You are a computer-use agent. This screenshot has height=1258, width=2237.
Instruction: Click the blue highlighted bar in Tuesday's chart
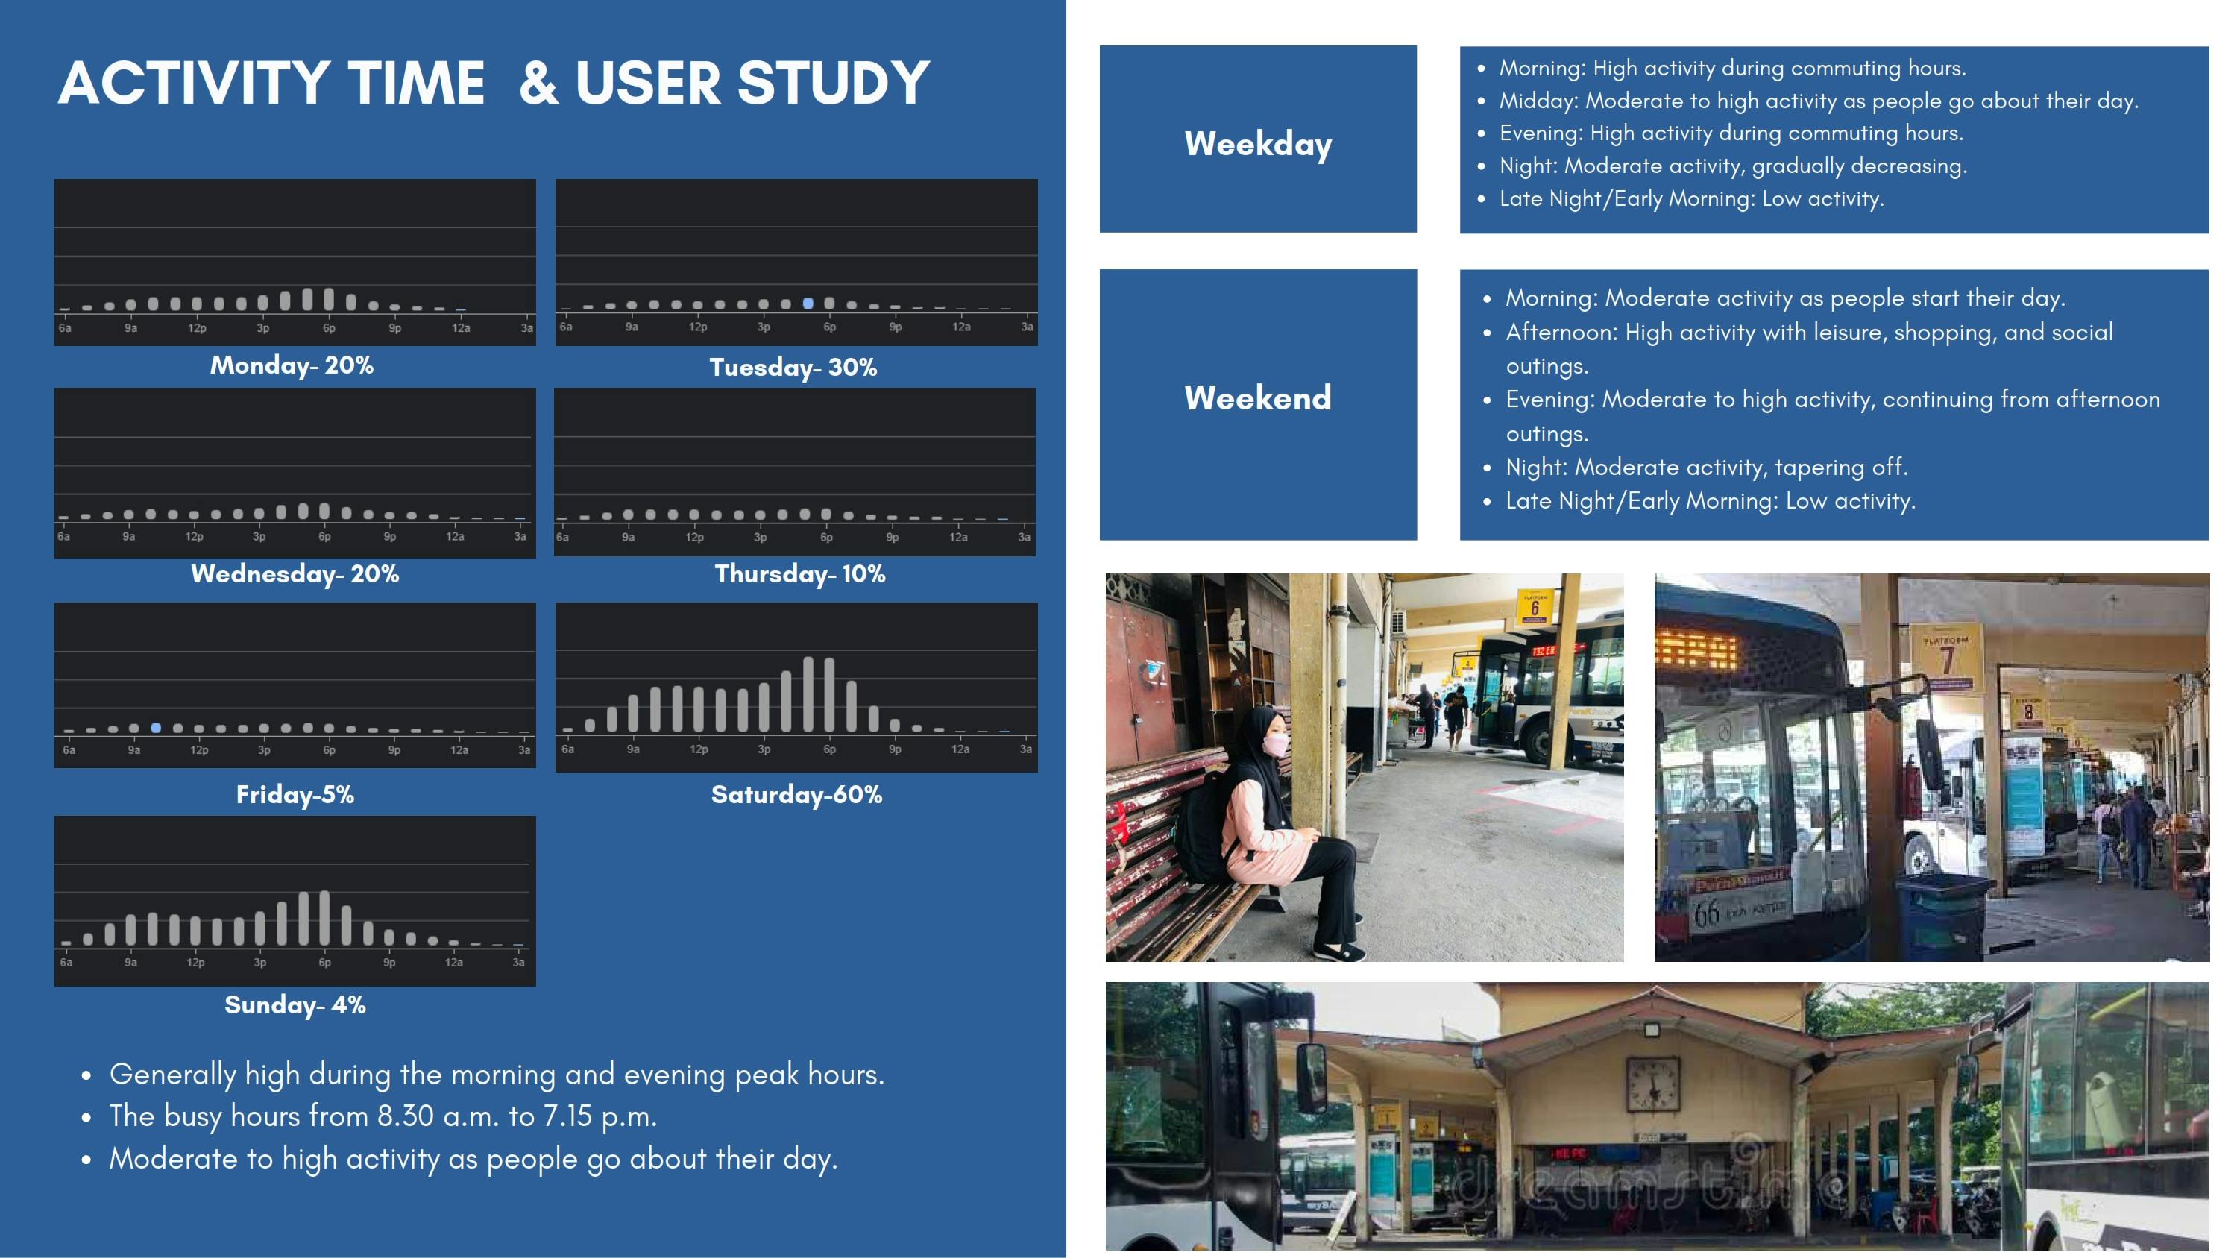[x=808, y=303]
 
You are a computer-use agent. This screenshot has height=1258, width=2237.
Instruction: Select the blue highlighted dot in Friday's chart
[x=155, y=728]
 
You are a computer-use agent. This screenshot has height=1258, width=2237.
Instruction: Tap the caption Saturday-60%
[x=796, y=794]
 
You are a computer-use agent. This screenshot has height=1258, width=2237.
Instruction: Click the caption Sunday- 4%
[x=295, y=1004]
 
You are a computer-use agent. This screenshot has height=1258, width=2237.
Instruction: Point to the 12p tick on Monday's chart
[x=197, y=328]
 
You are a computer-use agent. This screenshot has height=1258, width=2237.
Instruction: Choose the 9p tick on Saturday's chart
[x=895, y=749]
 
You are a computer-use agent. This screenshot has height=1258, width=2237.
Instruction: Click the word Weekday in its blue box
[x=1257, y=143]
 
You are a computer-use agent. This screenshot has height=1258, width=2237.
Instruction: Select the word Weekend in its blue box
[x=1257, y=397]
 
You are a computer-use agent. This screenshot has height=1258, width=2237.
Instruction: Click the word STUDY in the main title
[x=834, y=84]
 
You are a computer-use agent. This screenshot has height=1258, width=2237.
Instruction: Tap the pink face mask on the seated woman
[x=1276, y=746]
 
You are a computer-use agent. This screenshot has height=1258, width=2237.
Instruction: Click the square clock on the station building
[x=1652, y=1084]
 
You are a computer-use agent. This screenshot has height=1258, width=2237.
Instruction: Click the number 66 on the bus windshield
[x=1705, y=913]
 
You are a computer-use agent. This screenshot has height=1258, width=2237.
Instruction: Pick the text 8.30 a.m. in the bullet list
[x=438, y=1116]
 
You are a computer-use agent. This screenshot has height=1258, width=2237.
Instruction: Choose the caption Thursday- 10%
[x=799, y=574]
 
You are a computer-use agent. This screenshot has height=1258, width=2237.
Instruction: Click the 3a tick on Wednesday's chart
[x=519, y=537]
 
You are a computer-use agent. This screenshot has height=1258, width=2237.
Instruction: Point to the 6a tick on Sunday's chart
[x=66, y=962]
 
